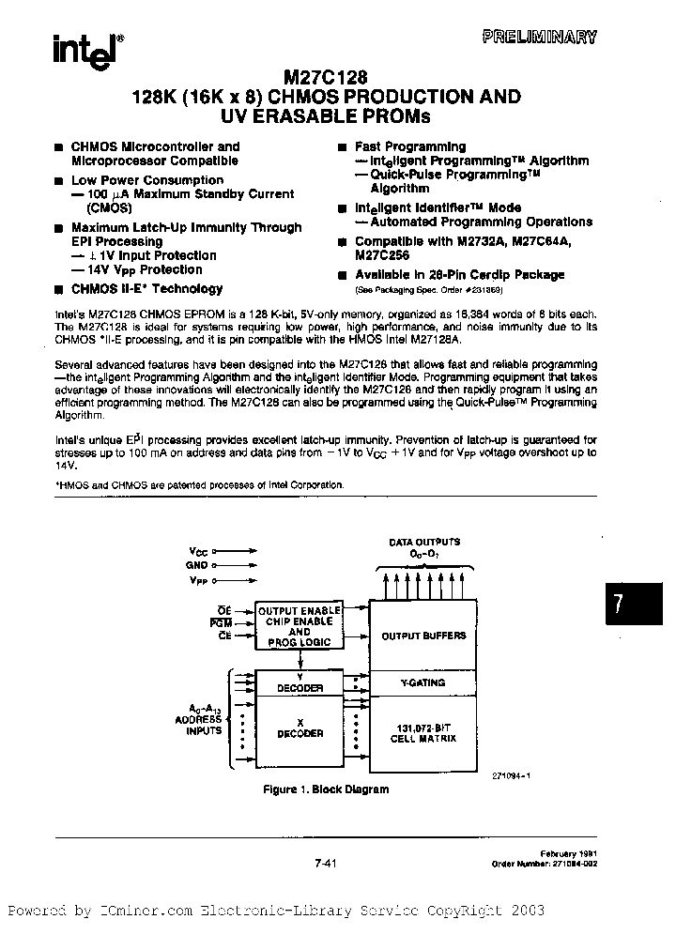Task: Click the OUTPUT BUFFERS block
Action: (x=422, y=636)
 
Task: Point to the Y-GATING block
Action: (x=422, y=682)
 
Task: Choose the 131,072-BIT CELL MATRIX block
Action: (x=422, y=732)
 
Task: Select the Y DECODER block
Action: (x=300, y=682)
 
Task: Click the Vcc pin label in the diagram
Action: (x=199, y=551)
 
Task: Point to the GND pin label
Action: (x=197, y=565)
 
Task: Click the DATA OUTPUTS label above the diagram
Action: (x=424, y=542)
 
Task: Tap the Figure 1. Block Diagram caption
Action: (x=325, y=789)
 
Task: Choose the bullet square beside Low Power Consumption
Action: (x=58, y=180)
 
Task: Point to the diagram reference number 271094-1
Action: (x=512, y=774)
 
